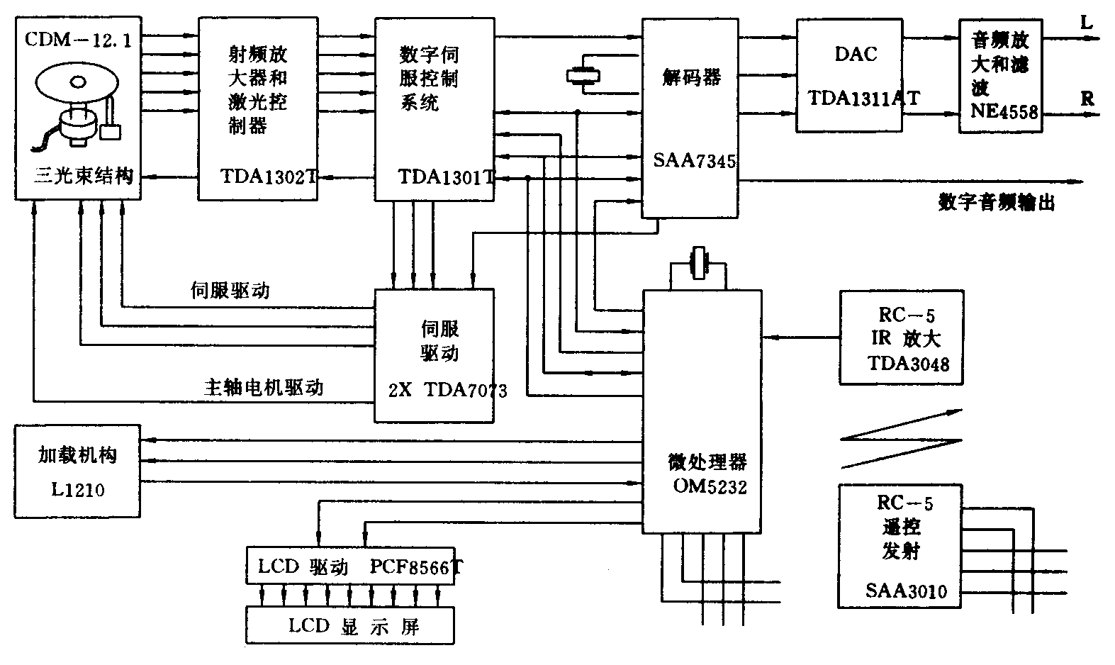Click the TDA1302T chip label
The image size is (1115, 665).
267,176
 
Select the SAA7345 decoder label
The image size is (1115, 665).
694,161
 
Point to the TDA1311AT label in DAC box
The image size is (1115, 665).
863,99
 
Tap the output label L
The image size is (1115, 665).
1086,23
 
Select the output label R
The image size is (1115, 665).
1087,99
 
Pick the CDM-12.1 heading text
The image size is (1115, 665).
78,39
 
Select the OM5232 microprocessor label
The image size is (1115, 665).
709,487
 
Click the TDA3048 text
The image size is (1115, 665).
908,363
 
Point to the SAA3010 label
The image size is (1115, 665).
905,591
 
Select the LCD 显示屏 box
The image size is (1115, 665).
349,625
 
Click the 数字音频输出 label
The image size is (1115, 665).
996,203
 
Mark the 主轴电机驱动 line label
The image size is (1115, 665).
264,387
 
